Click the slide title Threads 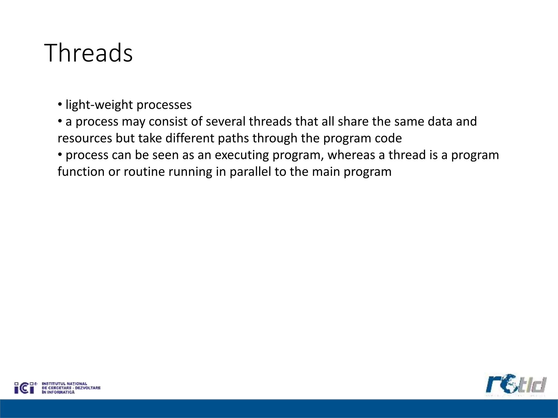[x=88, y=53]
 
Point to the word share [x=353, y=122]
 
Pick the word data [x=440, y=122]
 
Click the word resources [x=85, y=139]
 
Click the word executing [x=242, y=155]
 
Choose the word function [x=81, y=172]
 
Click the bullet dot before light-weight [x=60, y=105]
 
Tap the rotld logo [x=516, y=385]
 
